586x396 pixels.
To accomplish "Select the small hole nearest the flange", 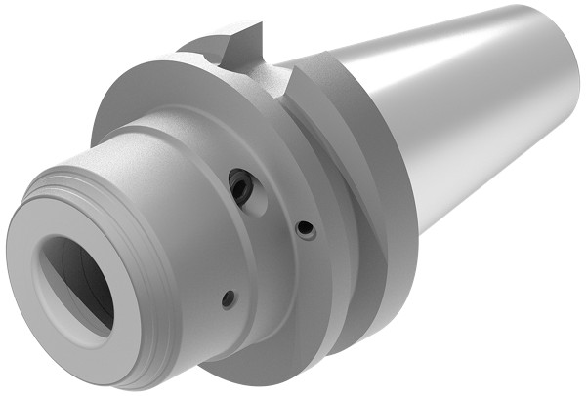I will tap(306, 229).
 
